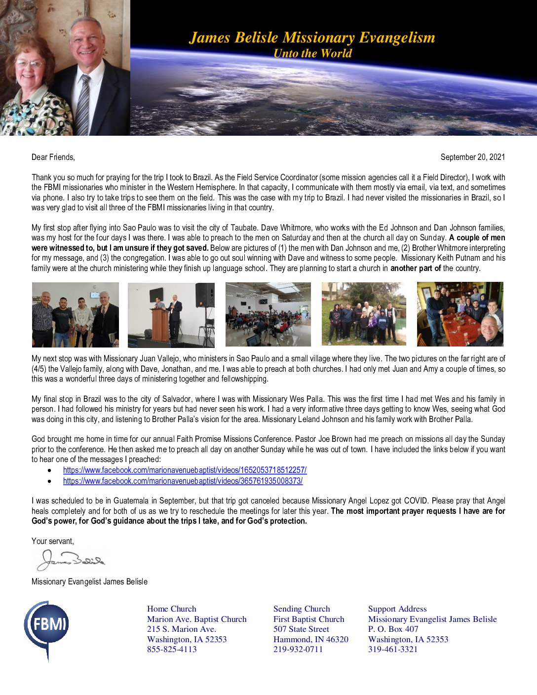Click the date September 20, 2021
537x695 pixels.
pyautogui.click(x=472, y=157)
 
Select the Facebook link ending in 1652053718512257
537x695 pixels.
pyautogui.click(x=185, y=470)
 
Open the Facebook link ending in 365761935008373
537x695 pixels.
pyautogui.click(x=183, y=481)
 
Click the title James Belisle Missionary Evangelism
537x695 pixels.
pyautogui.click(x=312, y=38)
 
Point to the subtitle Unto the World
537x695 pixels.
pyautogui.click(x=312, y=53)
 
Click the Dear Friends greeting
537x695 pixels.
pyautogui.click(x=53, y=157)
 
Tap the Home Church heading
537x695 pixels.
pyautogui.click(x=171, y=609)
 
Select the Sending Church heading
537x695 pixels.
pyautogui.click(x=302, y=609)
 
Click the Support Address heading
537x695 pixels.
pyautogui.click(x=397, y=609)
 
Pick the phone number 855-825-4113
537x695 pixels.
pyautogui.click(x=172, y=649)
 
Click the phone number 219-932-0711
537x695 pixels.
pyautogui.click(x=298, y=649)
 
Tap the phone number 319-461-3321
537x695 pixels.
pyautogui.click(x=393, y=649)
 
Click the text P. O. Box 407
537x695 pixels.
pyautogui.click(x=393, y=629)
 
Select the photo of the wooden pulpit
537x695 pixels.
pyautogui.click(x=171, y=314)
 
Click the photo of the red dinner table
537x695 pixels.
pyautogui.click(x=460, y=314)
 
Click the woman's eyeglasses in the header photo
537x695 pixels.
pyautogui.click(x=29, y=63)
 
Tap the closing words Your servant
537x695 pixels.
pyautogui.click(x=53, y=541)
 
